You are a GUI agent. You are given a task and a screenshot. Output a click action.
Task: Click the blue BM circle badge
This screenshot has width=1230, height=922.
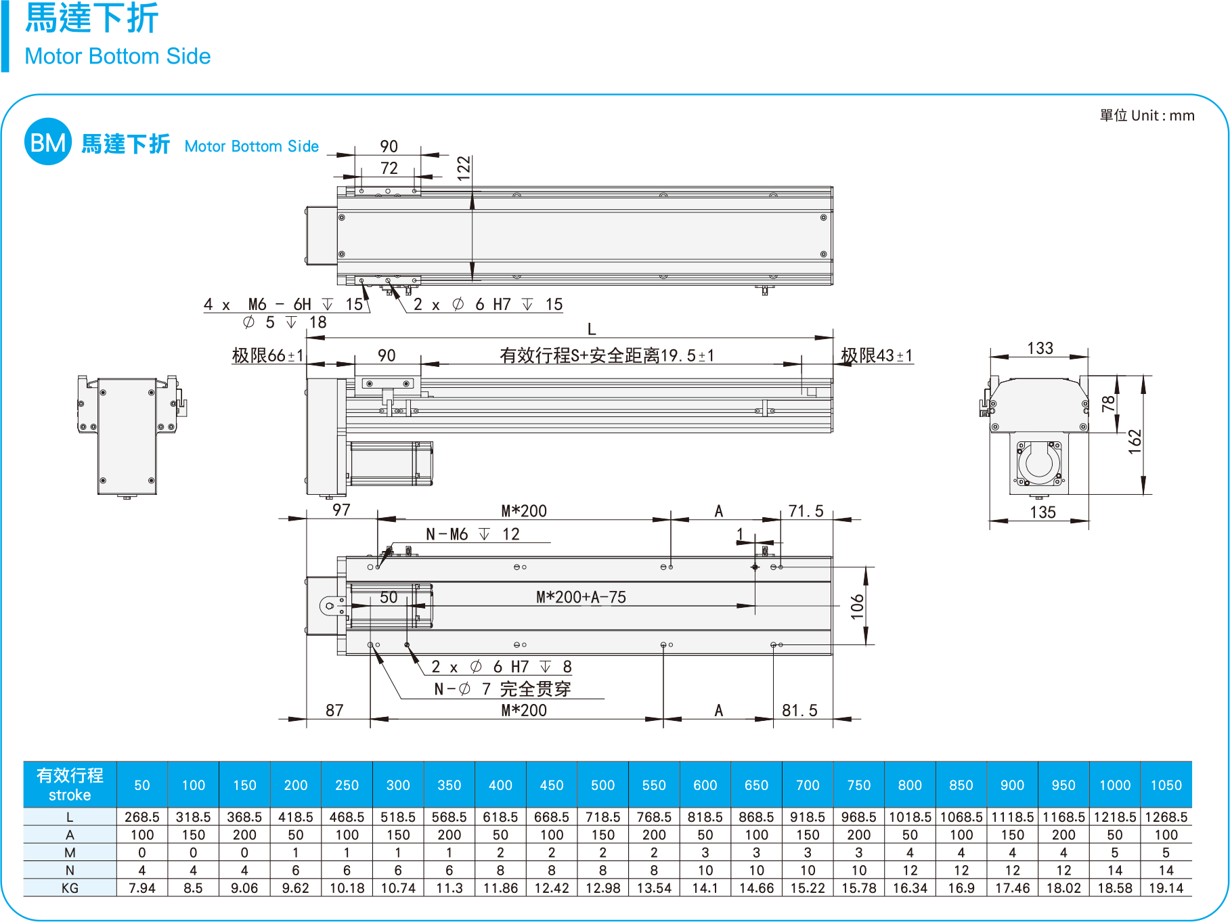click(48, 141)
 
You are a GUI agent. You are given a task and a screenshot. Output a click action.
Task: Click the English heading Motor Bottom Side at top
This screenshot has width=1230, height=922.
click(117, 56)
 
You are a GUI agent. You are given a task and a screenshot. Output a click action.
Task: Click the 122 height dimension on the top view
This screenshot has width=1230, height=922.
click(464, 168)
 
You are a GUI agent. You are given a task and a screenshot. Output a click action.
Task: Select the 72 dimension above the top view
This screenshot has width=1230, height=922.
click(389, 168)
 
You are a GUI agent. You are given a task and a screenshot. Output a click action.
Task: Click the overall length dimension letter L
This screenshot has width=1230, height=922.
click(592, 329)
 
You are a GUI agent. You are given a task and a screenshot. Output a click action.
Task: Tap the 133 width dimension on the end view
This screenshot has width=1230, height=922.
click(1040, 348)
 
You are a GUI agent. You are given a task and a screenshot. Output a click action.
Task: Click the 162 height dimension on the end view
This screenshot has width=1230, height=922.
click(1135, 441)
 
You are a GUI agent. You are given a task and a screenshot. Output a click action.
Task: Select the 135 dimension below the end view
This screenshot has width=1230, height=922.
click(1042, 512)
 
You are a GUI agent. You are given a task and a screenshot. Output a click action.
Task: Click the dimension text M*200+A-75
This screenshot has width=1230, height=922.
click(581, 597)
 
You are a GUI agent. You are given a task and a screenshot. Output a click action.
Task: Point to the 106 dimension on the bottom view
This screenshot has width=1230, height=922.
click(858, 607)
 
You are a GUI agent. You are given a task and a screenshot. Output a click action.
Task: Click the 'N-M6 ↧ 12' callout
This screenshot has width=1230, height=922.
click(473, 534)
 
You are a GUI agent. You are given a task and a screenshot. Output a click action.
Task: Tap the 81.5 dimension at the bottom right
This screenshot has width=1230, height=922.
click(799, 710)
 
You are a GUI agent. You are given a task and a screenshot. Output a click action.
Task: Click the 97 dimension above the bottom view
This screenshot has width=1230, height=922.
click(341, 510)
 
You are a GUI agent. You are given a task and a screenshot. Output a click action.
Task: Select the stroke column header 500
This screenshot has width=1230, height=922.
click(602, 785)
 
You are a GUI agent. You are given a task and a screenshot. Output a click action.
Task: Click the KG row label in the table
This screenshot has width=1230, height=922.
click(70, 888)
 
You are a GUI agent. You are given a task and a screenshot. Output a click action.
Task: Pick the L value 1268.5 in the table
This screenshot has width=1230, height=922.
click(1166, 817)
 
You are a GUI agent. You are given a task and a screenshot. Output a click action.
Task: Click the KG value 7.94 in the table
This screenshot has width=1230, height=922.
click(142, 888)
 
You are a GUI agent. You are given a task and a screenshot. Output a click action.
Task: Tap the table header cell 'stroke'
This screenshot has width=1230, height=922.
click(70, 795)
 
